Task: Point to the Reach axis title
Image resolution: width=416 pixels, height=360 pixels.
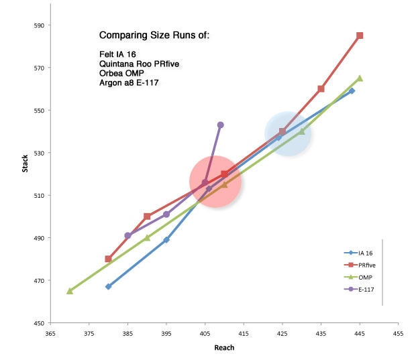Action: [x=223, y=348]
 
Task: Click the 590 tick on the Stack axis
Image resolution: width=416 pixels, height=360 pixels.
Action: [x=30, y=25]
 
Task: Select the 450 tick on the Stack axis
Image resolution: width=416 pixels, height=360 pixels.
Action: [x=30, y=323]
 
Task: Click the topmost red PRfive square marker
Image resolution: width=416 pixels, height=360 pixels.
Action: [x=360, y=36]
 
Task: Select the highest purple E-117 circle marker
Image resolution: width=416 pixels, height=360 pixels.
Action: [x=220, y=125]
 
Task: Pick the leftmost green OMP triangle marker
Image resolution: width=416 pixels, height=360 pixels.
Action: [x=69, y=291]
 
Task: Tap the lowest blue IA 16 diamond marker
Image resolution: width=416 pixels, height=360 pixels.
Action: [x=108, y=286]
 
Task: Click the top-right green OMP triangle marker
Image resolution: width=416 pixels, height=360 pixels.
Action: [x=360, y=78]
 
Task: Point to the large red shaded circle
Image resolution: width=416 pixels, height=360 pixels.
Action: [x=215, y=182]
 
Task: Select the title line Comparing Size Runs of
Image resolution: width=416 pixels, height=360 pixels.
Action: [x=154, y=35]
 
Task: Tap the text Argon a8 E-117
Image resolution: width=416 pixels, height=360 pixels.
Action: [x=127, y=82]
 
